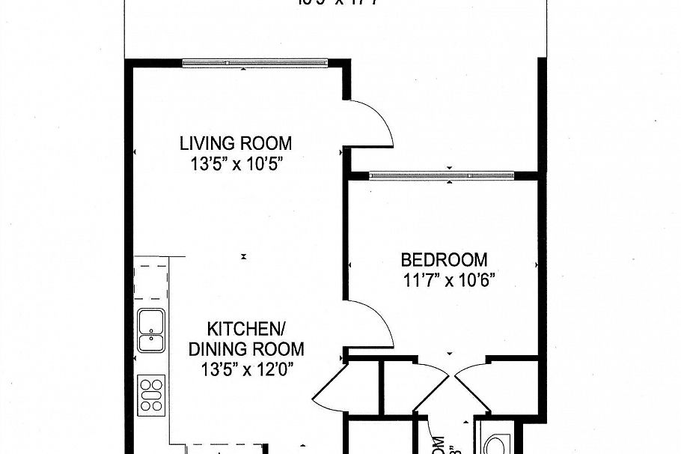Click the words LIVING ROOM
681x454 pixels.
[235, 143]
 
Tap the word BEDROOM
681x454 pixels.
[444, 260]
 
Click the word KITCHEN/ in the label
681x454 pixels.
[246, 329]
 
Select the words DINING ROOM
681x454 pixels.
[246, 348]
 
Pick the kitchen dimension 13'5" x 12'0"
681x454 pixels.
[246, 369]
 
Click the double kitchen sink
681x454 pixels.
[151, 330]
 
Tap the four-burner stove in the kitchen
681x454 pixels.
[151, 393]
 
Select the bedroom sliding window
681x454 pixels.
[442, 175]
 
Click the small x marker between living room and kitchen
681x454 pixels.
[243, 257]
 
